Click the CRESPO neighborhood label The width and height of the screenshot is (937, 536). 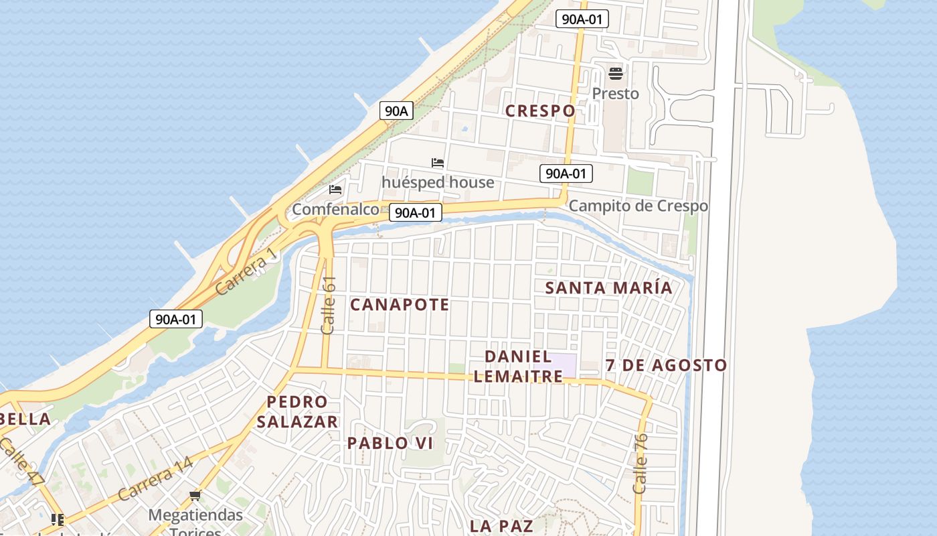540,111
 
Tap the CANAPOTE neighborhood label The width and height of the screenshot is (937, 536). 400,305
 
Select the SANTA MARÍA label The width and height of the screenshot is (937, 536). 608,288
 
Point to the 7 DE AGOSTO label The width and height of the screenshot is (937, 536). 666,366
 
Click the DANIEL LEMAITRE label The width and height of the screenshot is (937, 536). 518,366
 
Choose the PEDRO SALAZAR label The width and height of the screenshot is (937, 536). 297,412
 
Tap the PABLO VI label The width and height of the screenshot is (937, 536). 390,444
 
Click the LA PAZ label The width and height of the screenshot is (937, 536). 501,526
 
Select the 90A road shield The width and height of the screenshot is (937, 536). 396,111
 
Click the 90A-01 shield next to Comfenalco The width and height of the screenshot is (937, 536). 415,213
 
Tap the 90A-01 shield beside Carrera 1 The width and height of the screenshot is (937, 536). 175,319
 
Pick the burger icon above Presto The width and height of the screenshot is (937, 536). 615,73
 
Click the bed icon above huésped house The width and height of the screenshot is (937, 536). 438,163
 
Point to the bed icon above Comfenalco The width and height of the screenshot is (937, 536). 335,190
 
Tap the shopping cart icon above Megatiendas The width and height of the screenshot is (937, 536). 195,496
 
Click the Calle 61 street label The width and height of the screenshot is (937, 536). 328,306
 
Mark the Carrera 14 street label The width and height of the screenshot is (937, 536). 155,480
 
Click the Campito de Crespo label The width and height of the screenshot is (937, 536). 638,206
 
